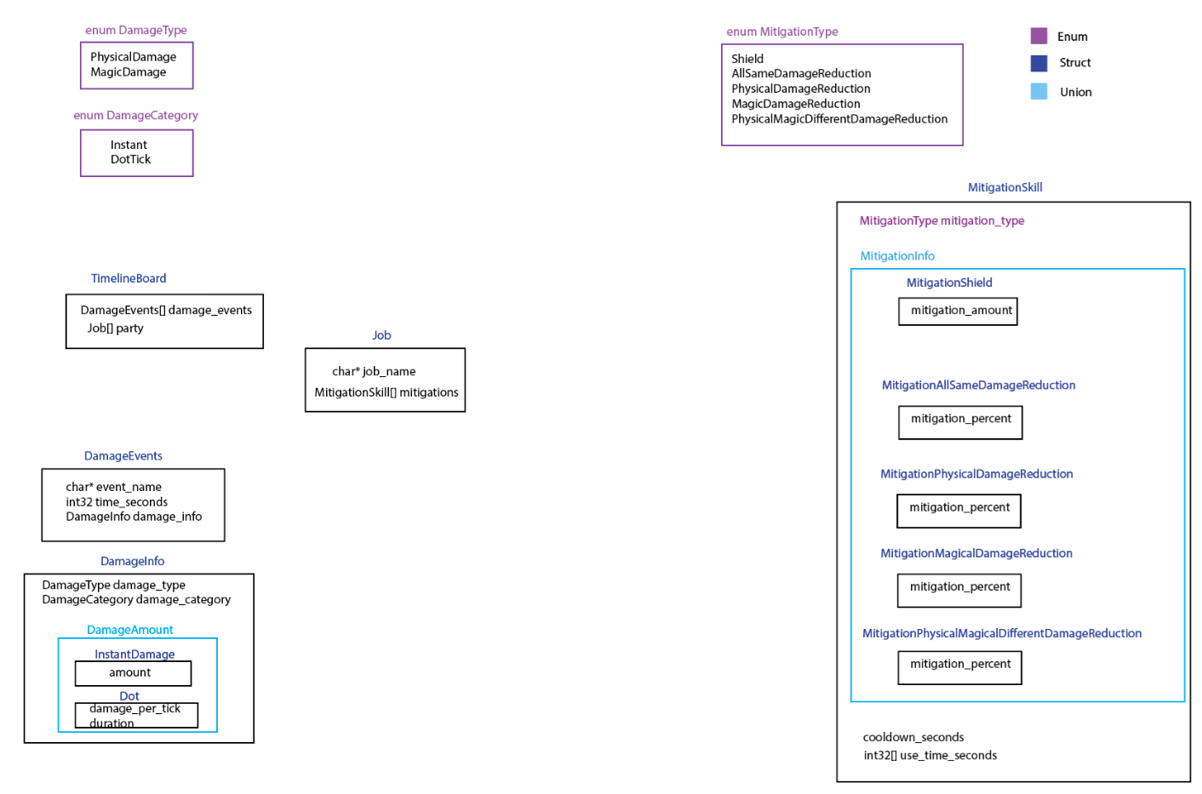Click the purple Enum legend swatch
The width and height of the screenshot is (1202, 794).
click(1039, 36)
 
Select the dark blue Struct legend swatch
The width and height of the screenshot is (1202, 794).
click(1039, 63)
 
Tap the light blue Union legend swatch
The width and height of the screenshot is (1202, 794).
click(1039, 92)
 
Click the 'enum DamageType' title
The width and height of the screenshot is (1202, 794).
click(136, 31)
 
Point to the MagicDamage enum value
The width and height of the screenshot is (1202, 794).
click(129, 72)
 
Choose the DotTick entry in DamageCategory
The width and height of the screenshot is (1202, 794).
click(130, 160)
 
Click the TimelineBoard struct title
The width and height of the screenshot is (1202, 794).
click(129, 278)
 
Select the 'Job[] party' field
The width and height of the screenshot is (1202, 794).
click(115, 328)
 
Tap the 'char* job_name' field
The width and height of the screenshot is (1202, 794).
click(374, 372)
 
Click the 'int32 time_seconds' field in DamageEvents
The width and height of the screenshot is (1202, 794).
click(117, 502)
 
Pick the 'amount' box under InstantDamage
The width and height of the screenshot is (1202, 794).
click(132, 673)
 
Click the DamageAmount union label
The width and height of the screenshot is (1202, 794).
click(129, 630)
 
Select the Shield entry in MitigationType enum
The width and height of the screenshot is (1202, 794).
click(747, 59)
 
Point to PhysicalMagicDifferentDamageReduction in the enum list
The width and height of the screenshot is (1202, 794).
click(839, 119)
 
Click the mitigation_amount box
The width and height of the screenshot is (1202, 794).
click(959, 311)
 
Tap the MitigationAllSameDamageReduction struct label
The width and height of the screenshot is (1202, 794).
click(978, 386)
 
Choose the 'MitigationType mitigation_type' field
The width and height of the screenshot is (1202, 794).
click(942, 221)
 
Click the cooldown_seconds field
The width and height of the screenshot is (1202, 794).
click(913, 738)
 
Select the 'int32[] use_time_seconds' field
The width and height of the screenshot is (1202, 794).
click(930, 756)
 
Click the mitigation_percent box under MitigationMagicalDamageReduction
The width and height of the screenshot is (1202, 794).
click(959, 589)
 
